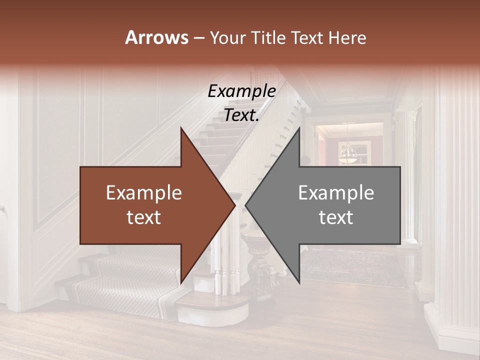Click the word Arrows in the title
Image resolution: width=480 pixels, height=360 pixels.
pos(156,37)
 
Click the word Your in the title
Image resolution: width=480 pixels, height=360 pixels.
pos(227,37)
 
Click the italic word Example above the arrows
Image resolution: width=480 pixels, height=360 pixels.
pos(241,91)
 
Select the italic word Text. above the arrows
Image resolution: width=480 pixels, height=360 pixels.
pos(241,115)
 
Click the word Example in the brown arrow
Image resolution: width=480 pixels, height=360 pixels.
pos(143,193)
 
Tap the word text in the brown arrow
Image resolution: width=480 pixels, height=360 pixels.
pos(143,217)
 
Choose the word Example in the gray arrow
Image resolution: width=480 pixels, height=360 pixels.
pos(336,193)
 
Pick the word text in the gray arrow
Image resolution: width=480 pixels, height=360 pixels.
pos(336,217)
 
